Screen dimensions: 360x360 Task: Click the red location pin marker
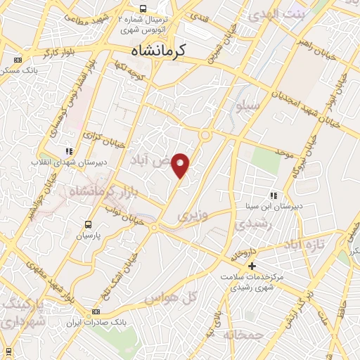pos(181,165)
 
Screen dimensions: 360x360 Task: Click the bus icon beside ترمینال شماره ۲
pos(143,8)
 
